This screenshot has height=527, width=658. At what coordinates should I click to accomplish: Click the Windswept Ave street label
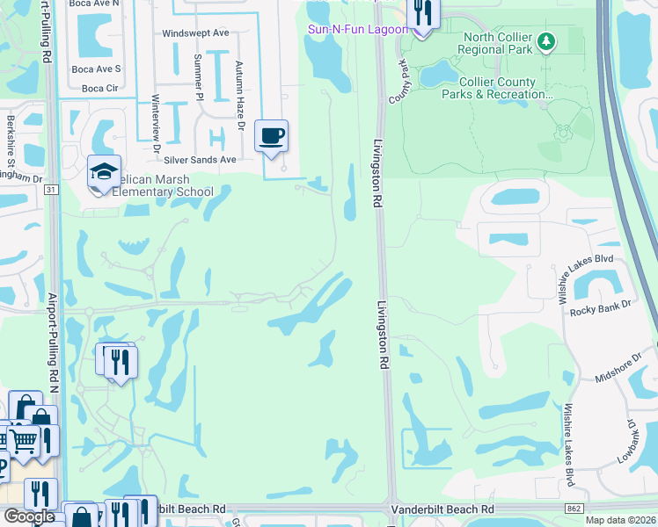[x=195, y=33]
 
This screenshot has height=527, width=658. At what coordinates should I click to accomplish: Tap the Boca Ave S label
[x=96, y=69]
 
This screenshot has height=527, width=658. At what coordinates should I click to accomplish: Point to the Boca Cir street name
[x=99, y=89]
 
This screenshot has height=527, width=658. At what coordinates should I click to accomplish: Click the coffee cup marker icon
[x=272, y=136]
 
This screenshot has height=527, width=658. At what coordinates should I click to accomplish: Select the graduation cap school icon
[x=104, y=172]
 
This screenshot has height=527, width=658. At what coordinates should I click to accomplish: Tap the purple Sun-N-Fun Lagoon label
[x=358, y=29]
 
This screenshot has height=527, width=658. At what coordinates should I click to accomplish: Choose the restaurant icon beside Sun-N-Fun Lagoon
[x=423, y=13]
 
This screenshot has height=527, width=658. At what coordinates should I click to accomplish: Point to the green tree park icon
[x=546, y=41]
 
